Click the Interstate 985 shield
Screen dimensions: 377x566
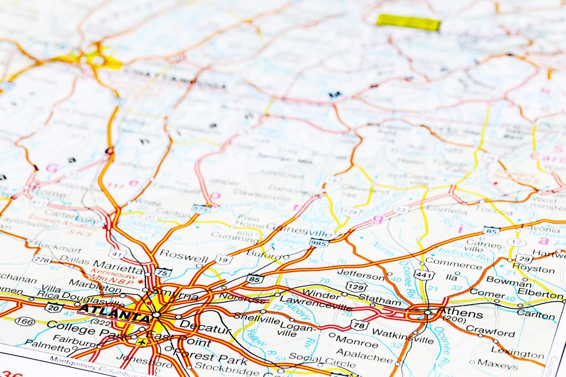pyautogui.click(x=319, y=242)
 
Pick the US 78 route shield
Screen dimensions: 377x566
pyautogui.click(x=359, y=325)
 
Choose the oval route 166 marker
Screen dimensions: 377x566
pyautogui.click(x=24, y=321)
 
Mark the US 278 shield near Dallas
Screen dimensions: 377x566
pyautogui.click(x=42, y=259)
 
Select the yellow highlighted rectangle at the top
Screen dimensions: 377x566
pyautogui.click(x=408, y=22)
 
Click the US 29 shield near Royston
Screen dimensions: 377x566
pyautogui.click(x=524, y=258)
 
